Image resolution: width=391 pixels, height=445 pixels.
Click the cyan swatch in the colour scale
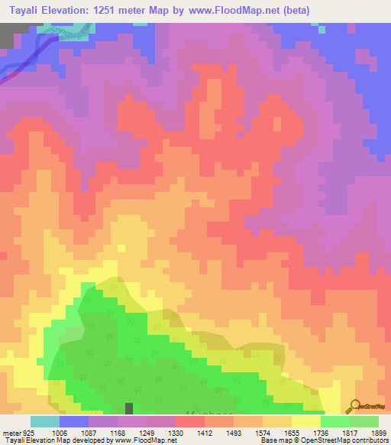pos(45,421)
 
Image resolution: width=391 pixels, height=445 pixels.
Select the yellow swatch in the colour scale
pos(305,421)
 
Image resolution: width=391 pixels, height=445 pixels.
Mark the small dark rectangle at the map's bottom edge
pos(129,410)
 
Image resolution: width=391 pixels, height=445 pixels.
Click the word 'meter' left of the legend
pos(9,433)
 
